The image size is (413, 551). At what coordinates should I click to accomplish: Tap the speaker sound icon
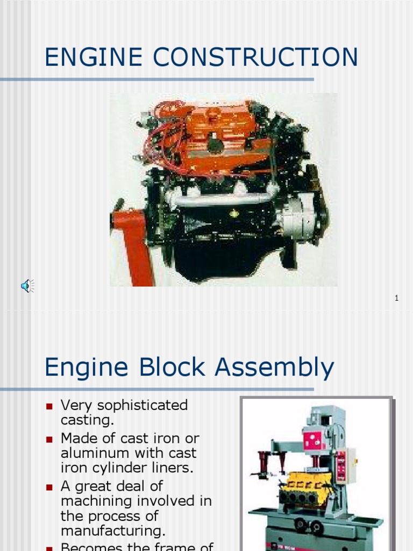pyautogui.click(x=27, y=285)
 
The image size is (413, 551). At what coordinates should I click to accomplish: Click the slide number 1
pyautogui.click(x=396, y=298)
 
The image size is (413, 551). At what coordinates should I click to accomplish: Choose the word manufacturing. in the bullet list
pyautogui.click(x=113, y=531)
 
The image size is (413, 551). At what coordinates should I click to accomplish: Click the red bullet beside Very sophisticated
pyautogui.click(x=49, y=406)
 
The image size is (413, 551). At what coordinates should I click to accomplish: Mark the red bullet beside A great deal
pyautogui.click(x=49, y=487)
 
